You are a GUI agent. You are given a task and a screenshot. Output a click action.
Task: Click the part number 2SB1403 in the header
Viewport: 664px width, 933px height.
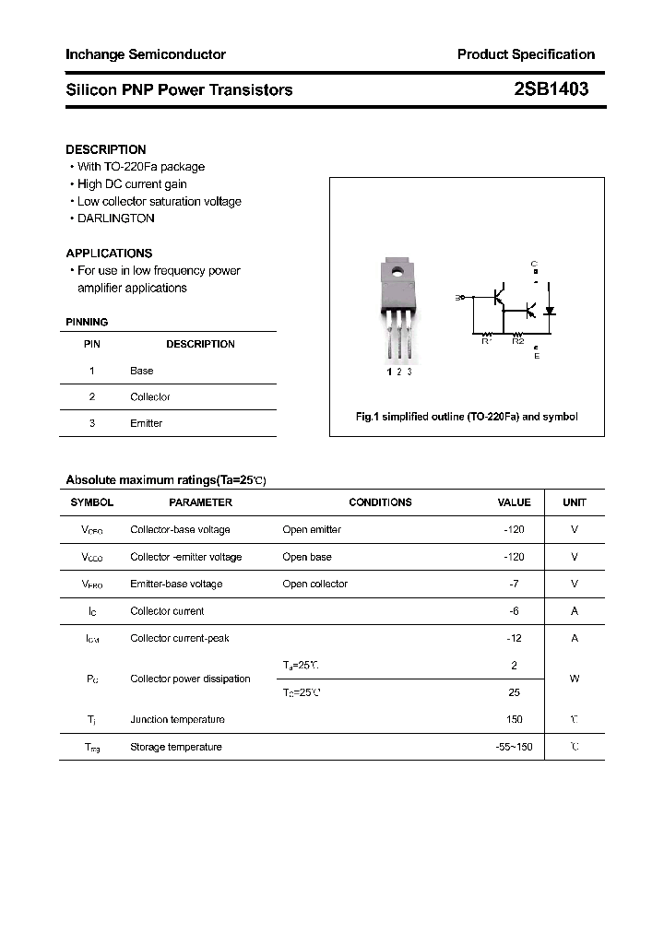coord(551,89)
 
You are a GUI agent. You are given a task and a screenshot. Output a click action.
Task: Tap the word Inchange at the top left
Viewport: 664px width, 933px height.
coord(94,54)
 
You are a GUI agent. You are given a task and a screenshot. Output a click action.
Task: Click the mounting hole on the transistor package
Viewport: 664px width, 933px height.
coord(397,272)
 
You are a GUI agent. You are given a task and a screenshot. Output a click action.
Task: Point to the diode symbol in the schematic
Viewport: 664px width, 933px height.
coord(551,310)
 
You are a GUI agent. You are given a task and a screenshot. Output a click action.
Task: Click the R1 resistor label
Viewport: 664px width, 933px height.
coord(487,341)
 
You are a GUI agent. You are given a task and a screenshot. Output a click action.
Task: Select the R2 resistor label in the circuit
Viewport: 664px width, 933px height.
coord(518,341)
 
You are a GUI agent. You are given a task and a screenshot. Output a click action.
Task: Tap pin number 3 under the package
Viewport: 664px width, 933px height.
coord(409,372)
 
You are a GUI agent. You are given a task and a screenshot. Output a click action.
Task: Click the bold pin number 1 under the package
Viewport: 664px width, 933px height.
coord(389,372)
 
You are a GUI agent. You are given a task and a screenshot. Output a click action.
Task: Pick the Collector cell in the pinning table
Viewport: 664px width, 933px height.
coord(150,397)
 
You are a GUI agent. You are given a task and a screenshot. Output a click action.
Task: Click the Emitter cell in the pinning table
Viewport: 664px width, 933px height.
coord(146,423)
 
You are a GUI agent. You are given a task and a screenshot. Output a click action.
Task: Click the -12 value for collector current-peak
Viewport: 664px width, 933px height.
coord(515,638)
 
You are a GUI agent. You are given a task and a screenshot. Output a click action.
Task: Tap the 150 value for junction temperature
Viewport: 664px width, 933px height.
coord(514,719)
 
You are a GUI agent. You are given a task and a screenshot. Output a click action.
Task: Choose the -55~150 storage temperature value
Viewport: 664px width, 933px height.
coord(514,747)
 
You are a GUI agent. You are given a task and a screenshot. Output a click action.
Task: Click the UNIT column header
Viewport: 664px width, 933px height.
coord(575,502)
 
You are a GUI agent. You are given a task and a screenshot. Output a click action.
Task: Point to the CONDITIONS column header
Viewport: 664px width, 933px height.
coord(380,502)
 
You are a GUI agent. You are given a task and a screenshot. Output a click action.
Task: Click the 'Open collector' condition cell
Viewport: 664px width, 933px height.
coord(315,584)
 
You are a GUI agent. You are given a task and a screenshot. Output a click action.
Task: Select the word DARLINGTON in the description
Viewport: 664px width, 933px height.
coord(116,218)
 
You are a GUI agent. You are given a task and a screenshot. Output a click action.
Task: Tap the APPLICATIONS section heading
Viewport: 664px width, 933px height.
coord(109,253)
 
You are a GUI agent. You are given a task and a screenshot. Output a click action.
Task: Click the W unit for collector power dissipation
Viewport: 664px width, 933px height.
coord(575,679)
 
